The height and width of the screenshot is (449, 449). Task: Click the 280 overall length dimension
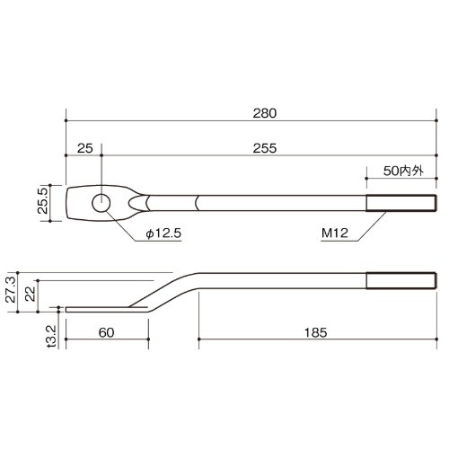tap(265, 113)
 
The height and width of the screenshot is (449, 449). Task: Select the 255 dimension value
tap(265, 148)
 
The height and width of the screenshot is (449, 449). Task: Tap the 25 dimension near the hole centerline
tap(85, 148)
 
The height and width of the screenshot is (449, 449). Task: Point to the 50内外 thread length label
tap(403, 171)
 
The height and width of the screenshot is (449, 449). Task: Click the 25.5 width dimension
tap(43, 200)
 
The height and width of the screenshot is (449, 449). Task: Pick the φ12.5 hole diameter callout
tap(163, 233)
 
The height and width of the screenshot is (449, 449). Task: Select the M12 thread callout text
tap(335, 233)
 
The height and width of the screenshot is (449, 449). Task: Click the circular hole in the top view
tap(101, 203)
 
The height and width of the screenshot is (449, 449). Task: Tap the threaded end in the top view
tap(401, 203)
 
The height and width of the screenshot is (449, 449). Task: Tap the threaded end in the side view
tap(401, 281)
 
